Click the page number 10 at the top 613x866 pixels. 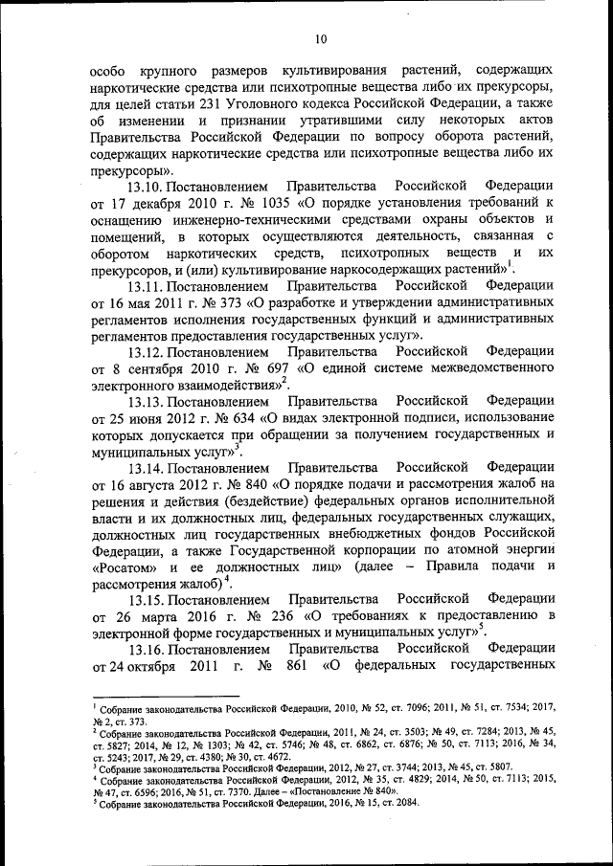click(320, 38)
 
